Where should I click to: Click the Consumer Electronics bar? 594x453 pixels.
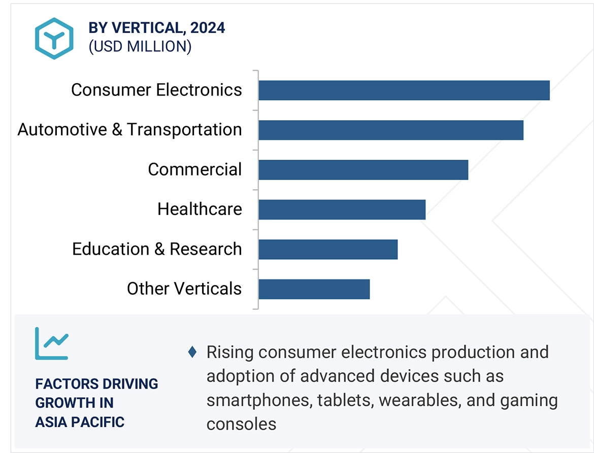click(x=404, y=90)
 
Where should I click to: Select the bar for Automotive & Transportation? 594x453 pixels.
click(x=390, y=130)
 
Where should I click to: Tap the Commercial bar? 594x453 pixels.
click(x=363, y=169)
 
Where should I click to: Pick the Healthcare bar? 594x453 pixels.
click(x=342, y=209)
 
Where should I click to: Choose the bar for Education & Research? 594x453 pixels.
click(x=328, y=249)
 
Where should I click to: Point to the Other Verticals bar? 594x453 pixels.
click(x=314, y=289)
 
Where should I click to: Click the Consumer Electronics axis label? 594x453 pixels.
click(x=156, y=90)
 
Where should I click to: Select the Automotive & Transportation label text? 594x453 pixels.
click(x=129, y=129)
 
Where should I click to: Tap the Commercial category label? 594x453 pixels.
click(x=194, y=169)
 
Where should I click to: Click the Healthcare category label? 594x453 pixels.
click(x=200, y=209)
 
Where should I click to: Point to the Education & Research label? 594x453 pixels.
click(x=157, y=249)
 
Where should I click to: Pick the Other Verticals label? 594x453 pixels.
click(x=184, y=289)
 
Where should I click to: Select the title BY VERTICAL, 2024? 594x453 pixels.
click(x=157, y=27)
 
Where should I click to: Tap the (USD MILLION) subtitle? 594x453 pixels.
click(x=140, y=46)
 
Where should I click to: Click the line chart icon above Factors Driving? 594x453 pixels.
click(x=51, y=343)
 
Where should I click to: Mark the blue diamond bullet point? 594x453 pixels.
click(x=192, y=352)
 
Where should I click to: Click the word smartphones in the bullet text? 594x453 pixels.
click(x=259, y=400)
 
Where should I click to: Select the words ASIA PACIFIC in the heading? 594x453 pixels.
click(x=80, y=422)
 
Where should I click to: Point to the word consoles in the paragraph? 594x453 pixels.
click(x=241, y=424)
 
